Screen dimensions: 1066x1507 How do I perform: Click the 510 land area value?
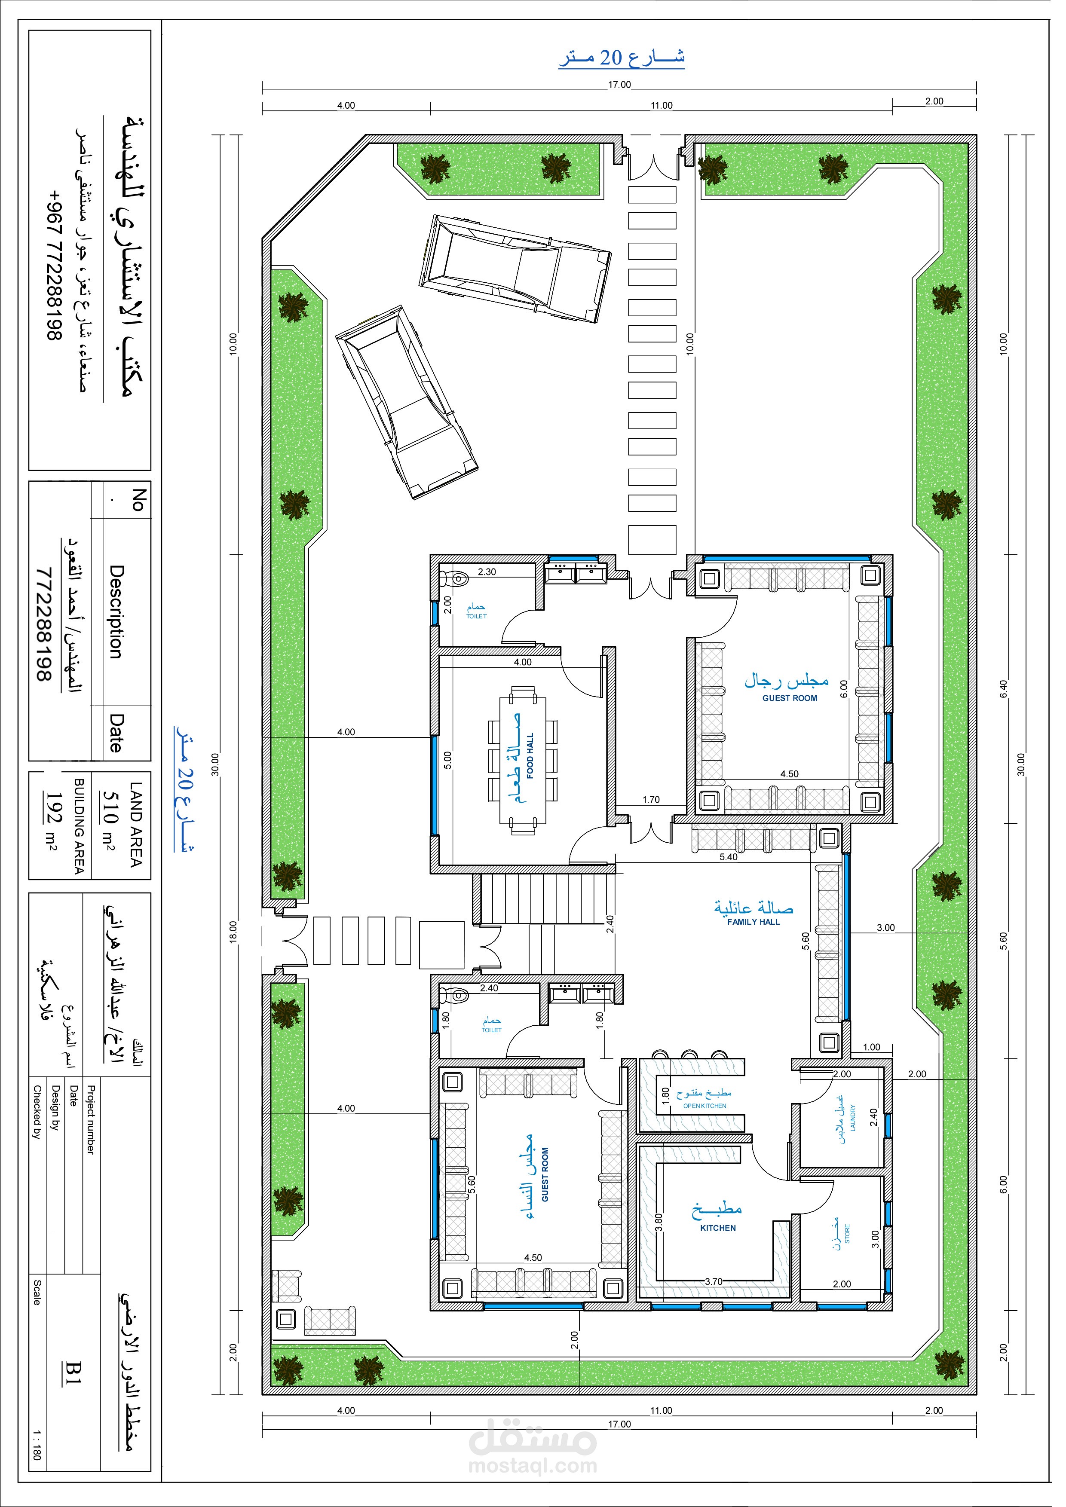tap(111, 820)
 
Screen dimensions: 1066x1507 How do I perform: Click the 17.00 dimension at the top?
tap(628, 86)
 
